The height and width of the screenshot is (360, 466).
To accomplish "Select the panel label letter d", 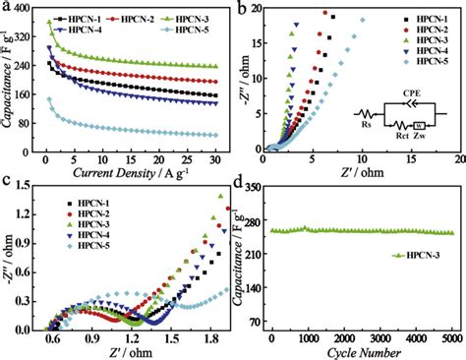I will (241, 181).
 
